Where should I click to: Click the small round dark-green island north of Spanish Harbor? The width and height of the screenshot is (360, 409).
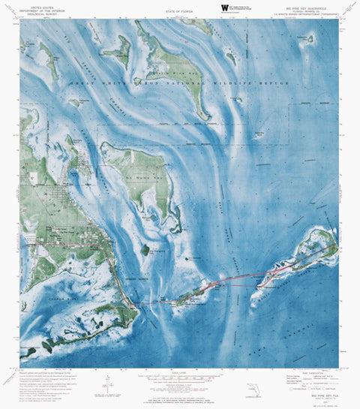coord(145,249)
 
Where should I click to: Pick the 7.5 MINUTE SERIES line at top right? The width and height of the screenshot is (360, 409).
coord(310,15)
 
